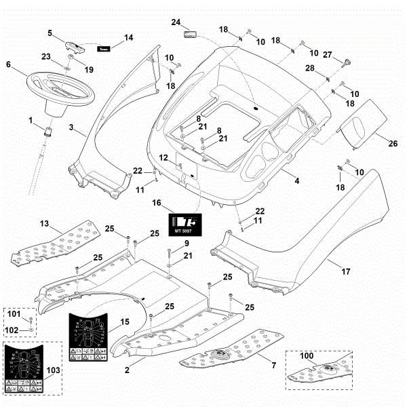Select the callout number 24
[x=176, y=22]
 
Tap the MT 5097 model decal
[x=185, y=224]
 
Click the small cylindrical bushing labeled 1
[x=50, y=129]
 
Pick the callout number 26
[x=372, y=143]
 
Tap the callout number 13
[x=44, y=223]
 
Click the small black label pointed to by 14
[x=104, y=49]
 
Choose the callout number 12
[x=163, y=157]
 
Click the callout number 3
[x=71, y=127]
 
